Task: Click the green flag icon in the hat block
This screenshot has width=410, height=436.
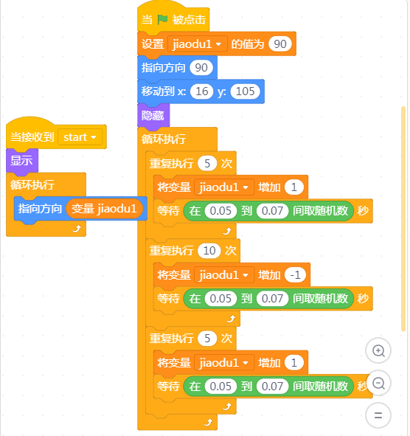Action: pyautogui.click(x=162, y=19)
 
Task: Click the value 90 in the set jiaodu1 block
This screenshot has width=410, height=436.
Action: pyautogui.click(x=280, y=44)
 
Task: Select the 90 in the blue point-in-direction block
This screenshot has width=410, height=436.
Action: pyautogui.click(x=201, y=68)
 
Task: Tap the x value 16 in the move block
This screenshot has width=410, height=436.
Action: pyautogui.click(x=202, y=91)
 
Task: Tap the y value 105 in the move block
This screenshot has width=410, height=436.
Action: pyautogui.click(x=245, y=91)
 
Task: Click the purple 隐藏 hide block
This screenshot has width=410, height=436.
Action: pyautogui.click(x=153, y=115)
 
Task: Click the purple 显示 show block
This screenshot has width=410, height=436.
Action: pyautogui.click(x=22, y=161)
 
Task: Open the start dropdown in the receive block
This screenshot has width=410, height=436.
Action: pyautogui.click(x=80, y=137)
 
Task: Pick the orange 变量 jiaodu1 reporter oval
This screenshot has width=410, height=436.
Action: pyautogui.click(x=104, y=209)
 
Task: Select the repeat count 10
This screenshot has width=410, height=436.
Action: pyautogui.click(x=209, y=251)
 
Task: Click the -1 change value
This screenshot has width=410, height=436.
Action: pyautogui.click(x=295, y=275)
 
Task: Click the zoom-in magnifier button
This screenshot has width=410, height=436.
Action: pyautogui.click(x=378, y=350)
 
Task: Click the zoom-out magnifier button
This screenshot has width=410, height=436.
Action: pyautogui.click(x=378, y=383)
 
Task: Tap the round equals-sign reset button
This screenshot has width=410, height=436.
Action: pyautogui.click(x=378, y=415)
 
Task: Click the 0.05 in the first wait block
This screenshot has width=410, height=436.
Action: pyautogui.click(x=220, y=211)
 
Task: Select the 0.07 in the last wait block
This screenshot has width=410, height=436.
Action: pyautogui.click(x=272, y=387)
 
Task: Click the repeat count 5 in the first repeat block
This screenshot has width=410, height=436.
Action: pyautogui.click(x=207, y=164)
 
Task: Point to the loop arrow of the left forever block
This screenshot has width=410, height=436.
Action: pyautogui.click(x=77, y=229)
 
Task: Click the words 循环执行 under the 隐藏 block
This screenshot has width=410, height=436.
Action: pyautogui.click(x=164, y=139)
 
